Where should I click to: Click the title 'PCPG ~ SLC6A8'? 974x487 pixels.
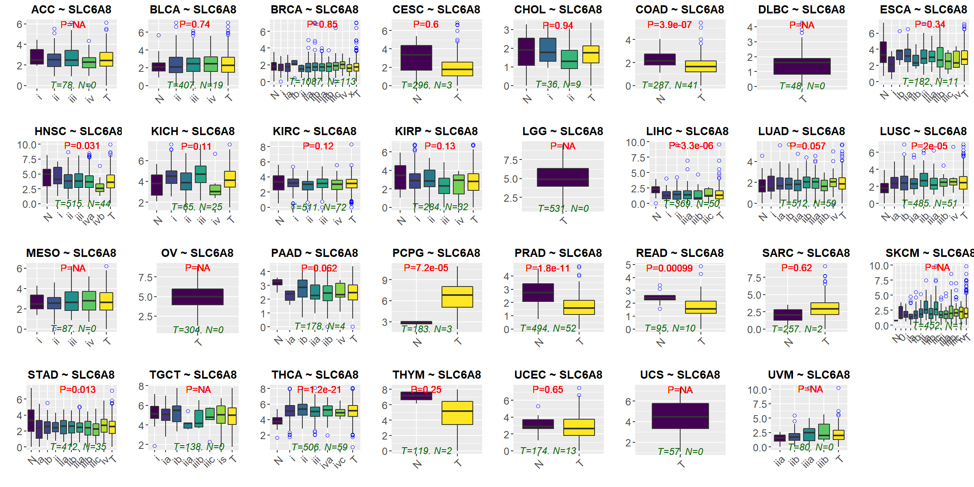(436, 253)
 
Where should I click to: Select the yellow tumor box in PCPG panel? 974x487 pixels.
(457, 297)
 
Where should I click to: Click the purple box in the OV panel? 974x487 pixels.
(197, 297)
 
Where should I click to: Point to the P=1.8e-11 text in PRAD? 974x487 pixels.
(547, 268)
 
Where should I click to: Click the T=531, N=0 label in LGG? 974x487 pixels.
(563, 208)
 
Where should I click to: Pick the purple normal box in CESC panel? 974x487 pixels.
(416, 58)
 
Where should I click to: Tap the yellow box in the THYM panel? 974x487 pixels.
(457, 413)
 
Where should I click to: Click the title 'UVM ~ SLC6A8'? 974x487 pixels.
(808, 375)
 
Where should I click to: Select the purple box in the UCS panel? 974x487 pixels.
(680, 416)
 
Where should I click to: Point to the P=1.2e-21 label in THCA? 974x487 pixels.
(319, 390)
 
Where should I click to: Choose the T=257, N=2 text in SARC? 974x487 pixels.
(797, 329)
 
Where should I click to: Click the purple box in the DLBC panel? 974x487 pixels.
(802, 66)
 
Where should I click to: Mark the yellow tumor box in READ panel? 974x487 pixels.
(700, 307)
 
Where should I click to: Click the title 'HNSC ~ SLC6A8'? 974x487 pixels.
(78, 131)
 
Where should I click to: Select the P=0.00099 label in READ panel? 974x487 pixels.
(669, 268)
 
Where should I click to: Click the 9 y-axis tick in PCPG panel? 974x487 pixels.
(384, 280)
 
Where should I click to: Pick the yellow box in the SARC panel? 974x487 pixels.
(825, 308)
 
